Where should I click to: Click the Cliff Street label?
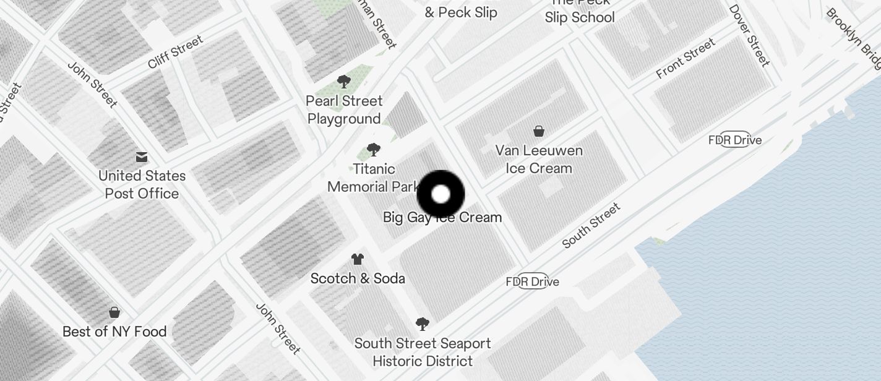pos(176,52)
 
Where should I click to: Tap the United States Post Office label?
pos(142,184)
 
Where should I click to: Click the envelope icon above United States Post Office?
pos(142,157)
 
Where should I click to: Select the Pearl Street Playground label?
pos(345,109)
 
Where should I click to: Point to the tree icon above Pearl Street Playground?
pos(344,82)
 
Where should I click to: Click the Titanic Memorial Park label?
pos(373,178)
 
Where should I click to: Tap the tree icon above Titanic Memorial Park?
pos(373,149)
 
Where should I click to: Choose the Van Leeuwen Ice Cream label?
pos(539,159)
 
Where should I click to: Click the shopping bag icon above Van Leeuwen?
pos(539,131)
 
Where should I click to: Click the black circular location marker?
pos(440,194)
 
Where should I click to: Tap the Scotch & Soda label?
pos(358,278)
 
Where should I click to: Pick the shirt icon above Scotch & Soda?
pos(358,259)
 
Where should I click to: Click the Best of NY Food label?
pos(114,332)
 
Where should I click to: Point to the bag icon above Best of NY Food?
pos(114,312)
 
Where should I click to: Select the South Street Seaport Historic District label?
pos(423,352)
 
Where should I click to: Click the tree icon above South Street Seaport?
pos(423,323)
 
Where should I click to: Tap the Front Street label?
pos(685,58)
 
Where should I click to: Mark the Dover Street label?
pos(749,36)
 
